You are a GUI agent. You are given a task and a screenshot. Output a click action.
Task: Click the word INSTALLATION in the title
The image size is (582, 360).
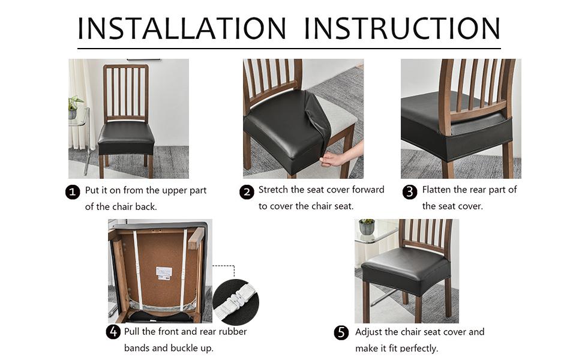[x=182, y=28]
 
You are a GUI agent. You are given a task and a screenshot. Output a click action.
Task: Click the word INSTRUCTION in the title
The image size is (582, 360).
[x=402, y=28]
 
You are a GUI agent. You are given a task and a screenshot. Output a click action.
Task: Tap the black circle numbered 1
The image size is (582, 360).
[x=73, y=192]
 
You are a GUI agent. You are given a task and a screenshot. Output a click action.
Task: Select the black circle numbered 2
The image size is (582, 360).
[x=247, y=192]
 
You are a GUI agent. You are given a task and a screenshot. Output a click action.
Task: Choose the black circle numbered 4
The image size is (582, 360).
[x=113, y=332]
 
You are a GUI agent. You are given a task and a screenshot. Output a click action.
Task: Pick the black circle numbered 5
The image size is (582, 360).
[x=341, y=332]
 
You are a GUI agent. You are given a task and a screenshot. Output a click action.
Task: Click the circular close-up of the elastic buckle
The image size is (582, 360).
[x=235, y=302]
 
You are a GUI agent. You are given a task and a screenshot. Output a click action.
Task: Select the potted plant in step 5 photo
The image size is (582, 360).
[x=367, y=227]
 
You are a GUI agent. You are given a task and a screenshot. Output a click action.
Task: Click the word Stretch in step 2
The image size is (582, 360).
[x=274, y=190]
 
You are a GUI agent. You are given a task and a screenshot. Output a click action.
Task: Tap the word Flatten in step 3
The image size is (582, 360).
[x=437, y=190]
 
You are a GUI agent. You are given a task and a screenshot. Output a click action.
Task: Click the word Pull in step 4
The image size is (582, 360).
[x=133, y=332]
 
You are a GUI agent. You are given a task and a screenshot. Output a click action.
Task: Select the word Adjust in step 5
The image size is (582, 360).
[x=370, y=332]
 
